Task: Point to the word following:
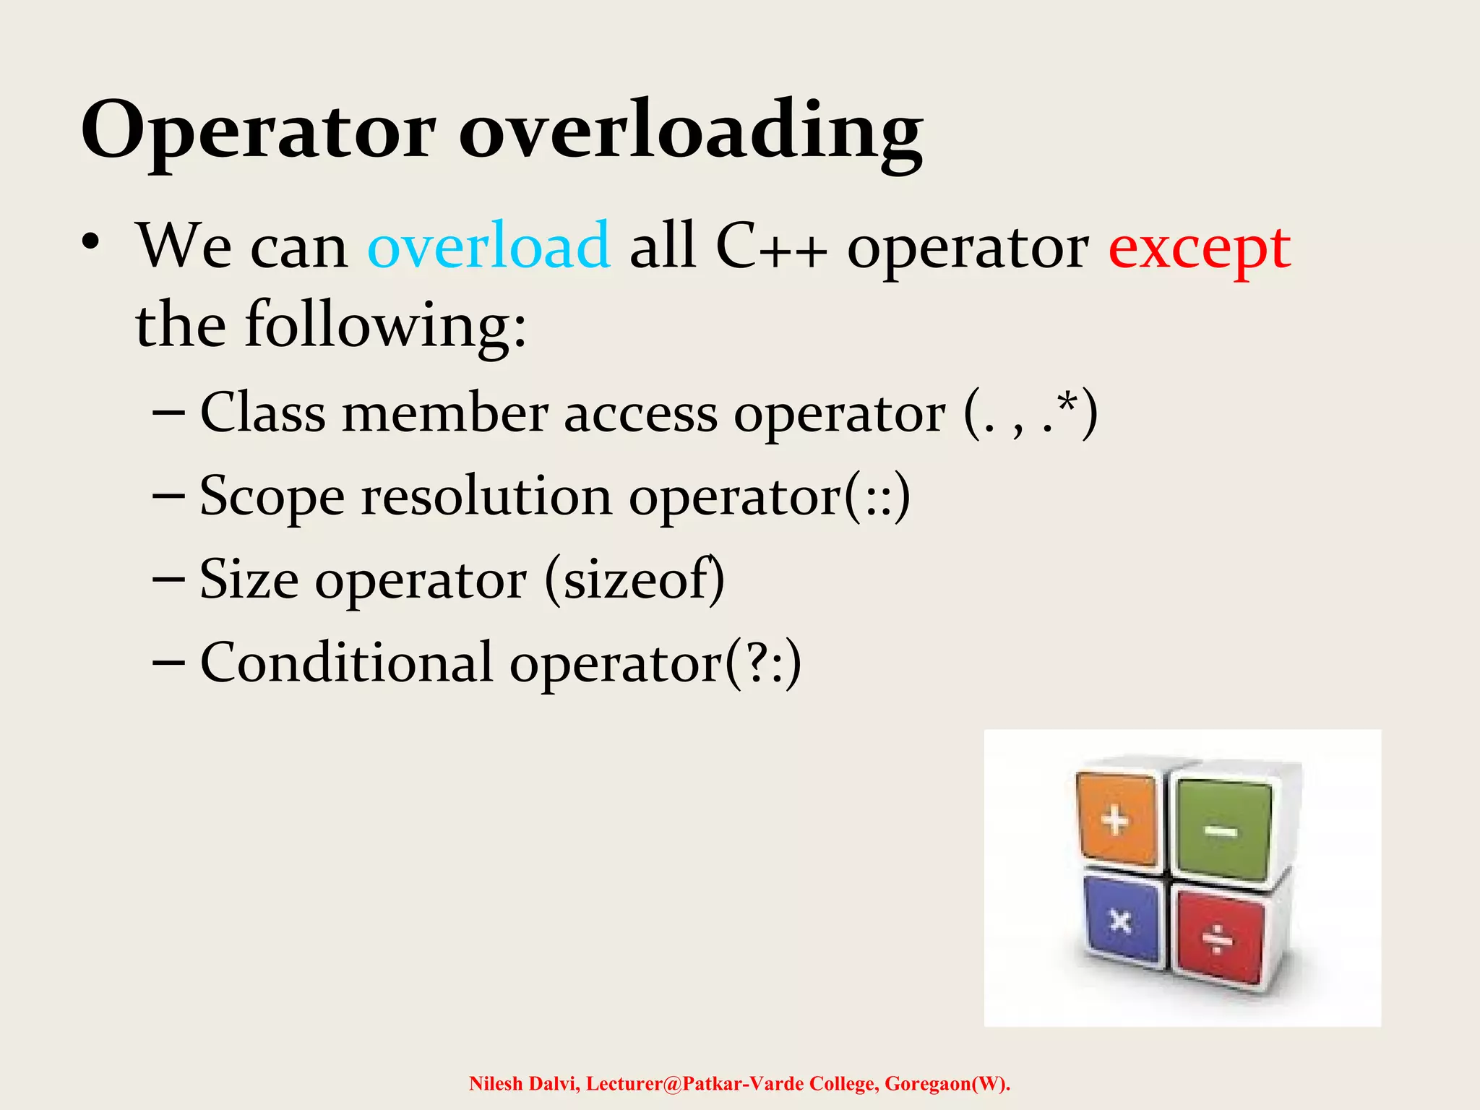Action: click(385, 325)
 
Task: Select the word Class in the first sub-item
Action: click(262, 413)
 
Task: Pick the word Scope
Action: click(272, 497)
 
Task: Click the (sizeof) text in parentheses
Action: click(634, 580)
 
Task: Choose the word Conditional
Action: click(346, 663)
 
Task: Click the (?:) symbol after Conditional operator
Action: click(762, 663)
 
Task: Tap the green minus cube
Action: click(1221, 831)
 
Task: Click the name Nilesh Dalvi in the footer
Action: click(525, 1084)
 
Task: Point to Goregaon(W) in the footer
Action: click(947, 1084)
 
